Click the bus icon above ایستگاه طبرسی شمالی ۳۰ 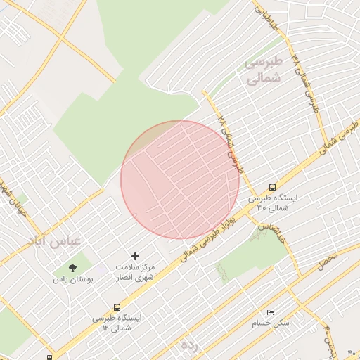[272, 187]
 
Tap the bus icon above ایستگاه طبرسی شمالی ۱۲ [117, 307]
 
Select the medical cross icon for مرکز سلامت [136, 257]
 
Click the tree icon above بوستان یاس [72, 268]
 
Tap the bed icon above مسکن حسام [270, 312]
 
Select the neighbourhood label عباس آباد [55, 241]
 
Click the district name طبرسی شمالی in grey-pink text [263, 70]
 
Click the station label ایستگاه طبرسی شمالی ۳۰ [272, 203]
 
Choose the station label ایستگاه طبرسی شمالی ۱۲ [117, 323]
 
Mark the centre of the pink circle [180, 180]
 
